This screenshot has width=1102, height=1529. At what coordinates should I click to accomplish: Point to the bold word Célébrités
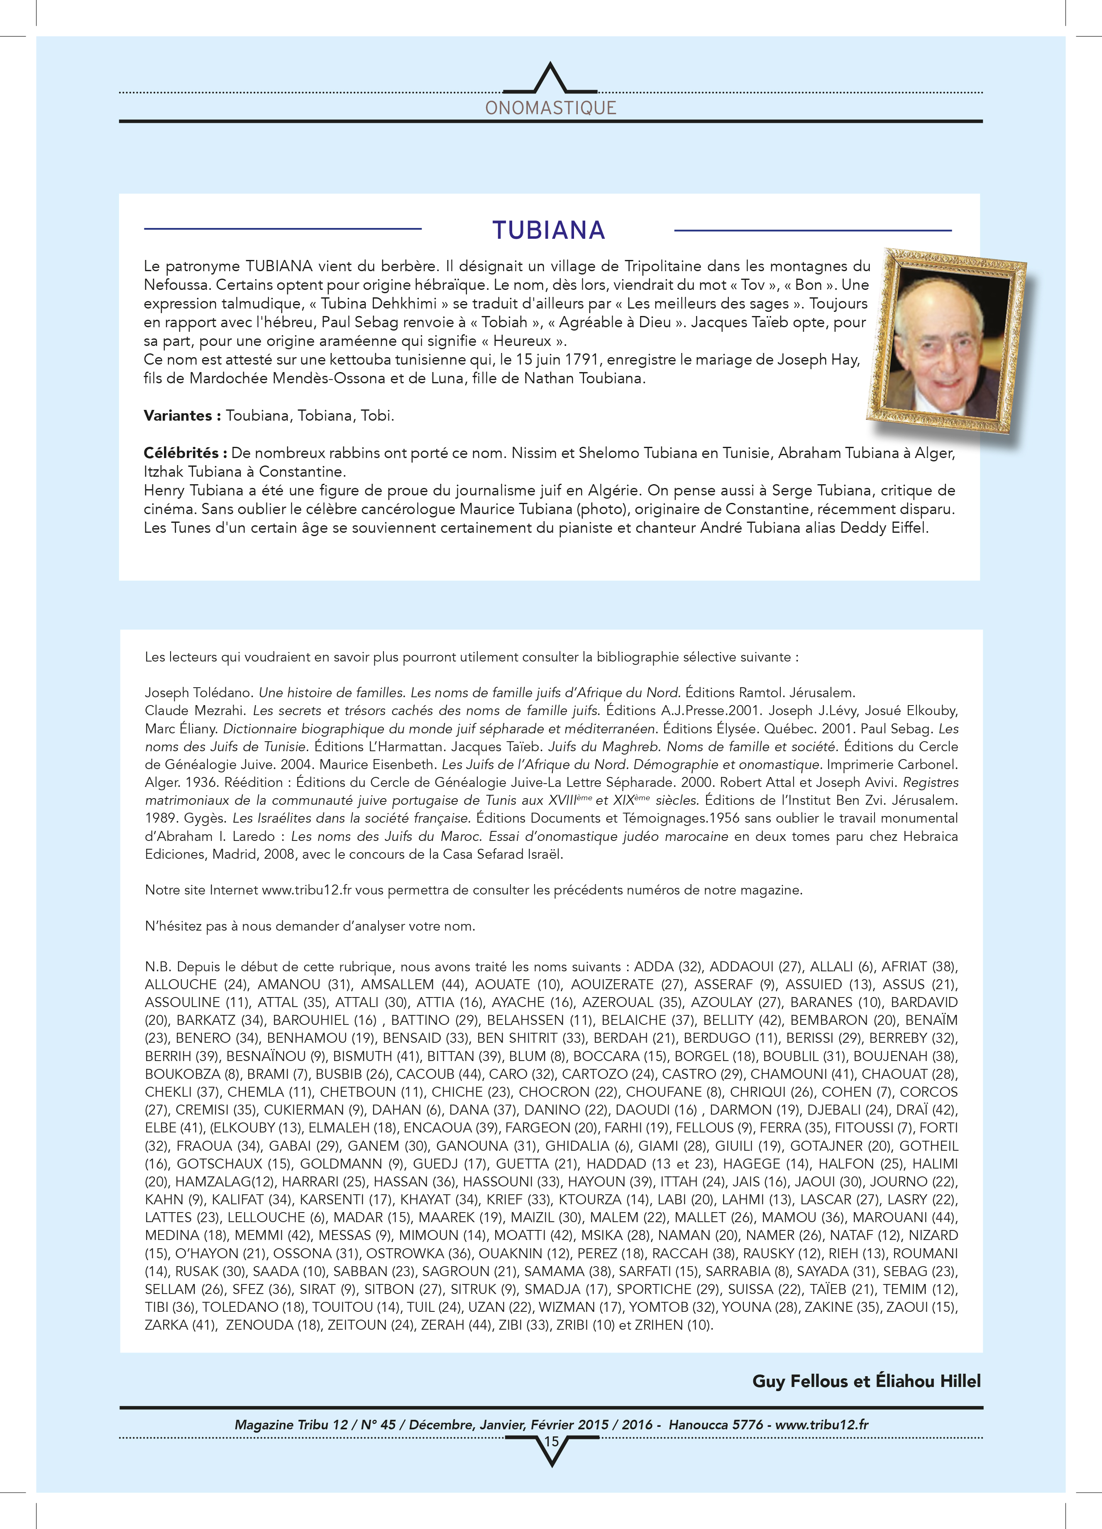185,453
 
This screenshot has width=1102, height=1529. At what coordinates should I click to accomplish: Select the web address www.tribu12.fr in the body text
307,890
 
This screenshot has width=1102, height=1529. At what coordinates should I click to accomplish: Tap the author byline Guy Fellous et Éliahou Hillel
866,1381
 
